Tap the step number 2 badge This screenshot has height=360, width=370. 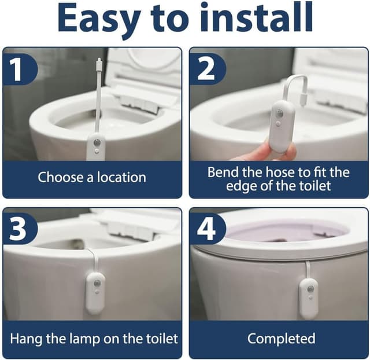pyautogui.click(x=205, y=69)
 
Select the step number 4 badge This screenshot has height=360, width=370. pyautogui.click(x=205, y=230)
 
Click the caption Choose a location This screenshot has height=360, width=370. pyautogui.click(x=92, y=177)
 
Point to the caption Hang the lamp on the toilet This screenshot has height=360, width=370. pyautogui.click(x=94, y=338)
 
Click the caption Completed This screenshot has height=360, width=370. pyautogui.click(x=281, y=338)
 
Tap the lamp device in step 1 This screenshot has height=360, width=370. pyautogui.click(x=95, y=146)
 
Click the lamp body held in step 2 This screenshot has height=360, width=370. pyautogui.click(x=282, y=125)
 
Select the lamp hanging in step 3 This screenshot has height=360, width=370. pyautogui.click(x=95, y=292)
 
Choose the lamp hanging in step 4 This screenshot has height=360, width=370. pyautogui.click(x=309, y=297)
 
